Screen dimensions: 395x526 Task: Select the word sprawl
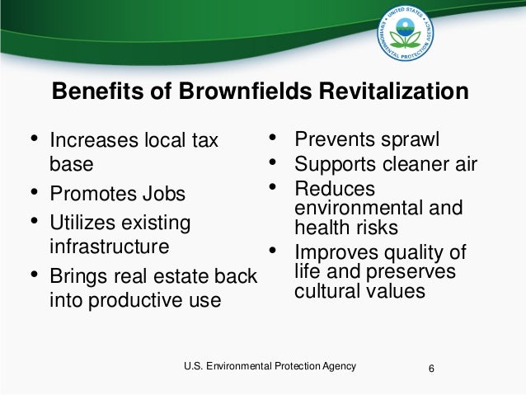coord(409,137)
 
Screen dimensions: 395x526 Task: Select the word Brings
coord(77,276)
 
